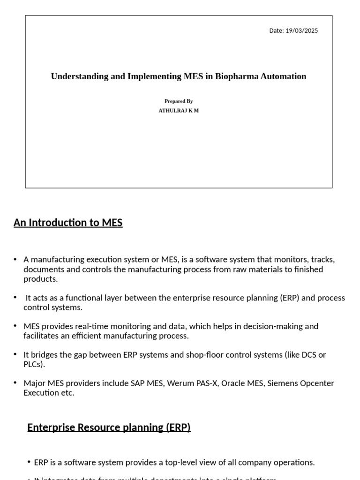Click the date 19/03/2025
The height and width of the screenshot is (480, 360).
pos(301,31)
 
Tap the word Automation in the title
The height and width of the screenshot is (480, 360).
pos(284,76)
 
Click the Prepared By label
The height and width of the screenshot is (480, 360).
pos(179,101)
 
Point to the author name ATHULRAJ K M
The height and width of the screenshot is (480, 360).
pos(179,111)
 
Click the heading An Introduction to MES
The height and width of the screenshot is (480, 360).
pos(68,223)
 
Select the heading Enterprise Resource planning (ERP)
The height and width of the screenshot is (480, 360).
pos(109,427)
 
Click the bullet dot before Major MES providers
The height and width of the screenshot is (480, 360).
pos(15,383)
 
